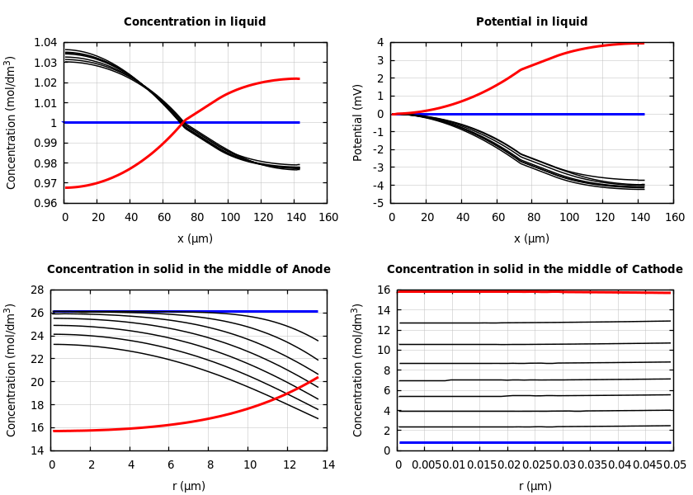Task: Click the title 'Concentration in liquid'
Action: point(195,22)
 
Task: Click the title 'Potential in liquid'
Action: point(531,22)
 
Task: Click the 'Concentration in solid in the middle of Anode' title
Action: point(189,270)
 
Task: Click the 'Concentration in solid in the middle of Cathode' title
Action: point(535,270)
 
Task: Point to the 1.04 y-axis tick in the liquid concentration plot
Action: point(46,42)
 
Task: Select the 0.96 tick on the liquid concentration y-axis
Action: point(46,203)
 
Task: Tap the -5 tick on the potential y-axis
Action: point(380,203)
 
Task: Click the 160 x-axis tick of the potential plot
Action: point(675,218)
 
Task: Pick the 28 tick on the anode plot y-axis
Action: point(36,290)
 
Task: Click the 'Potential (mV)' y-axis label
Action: point(358,122)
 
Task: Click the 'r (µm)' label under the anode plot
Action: point(189,486)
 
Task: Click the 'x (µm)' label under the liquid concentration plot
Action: point(195,238)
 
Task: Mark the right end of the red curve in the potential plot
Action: point(643,43)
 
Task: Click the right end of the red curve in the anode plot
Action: point(318,378)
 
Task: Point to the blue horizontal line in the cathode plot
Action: point(536,442)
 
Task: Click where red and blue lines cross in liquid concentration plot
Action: point(181,122)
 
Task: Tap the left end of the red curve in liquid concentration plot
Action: point(66,187)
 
